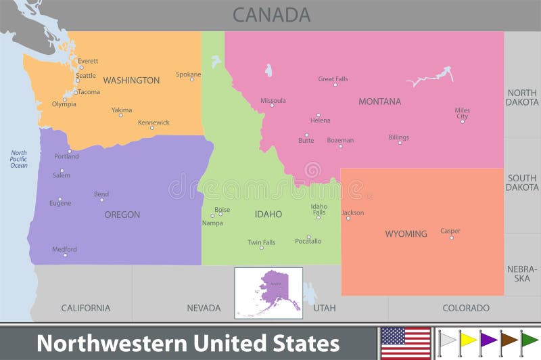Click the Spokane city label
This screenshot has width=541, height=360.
tap(188, 74)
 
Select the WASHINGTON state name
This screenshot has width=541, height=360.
tap(131, 81)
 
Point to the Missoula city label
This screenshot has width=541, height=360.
tap(273, 101)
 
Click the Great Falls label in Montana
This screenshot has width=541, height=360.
tap(333, 79)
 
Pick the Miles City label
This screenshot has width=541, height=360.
tap(462, 113)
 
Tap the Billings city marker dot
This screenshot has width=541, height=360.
tap(399, 143)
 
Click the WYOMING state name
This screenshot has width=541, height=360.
tap(406, 234)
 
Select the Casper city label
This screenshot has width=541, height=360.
tap(450, 231)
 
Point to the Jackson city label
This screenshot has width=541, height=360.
tap(353, 212)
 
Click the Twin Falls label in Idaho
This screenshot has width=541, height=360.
tap(261, 242)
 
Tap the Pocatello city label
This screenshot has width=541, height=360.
tap(308, 242)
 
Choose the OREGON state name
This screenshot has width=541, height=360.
tap(122, 215)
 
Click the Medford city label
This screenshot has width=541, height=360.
tap(65, 249)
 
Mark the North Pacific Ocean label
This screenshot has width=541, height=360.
tap(18, 158)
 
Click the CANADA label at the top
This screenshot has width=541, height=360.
tap(271, 15)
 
